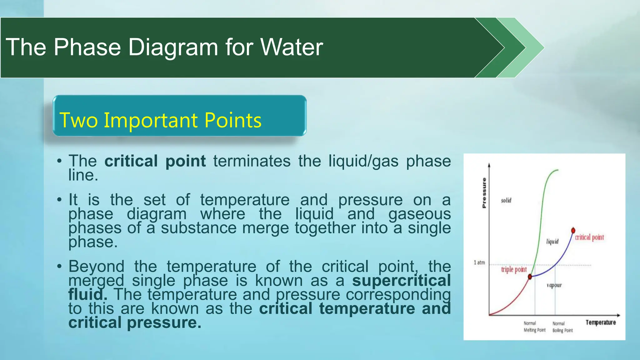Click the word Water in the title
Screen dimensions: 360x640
coord(291,47)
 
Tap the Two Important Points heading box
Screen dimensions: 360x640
coord(179,116)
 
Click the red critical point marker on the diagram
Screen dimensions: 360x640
coord(573,231)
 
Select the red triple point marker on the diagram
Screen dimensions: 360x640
coord(530,277)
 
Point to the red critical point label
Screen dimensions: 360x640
coord(589,237)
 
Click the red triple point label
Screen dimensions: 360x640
coord(514,269)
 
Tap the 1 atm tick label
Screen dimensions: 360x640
coord(479,262)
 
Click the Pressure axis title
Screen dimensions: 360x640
coord(484,193)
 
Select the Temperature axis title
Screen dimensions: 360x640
coord(600,322)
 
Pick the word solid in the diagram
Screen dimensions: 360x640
coord(506,200)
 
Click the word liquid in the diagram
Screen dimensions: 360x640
coord(552,242)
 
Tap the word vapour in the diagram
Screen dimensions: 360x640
coord(554,285)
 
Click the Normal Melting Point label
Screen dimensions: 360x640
coord(534,327)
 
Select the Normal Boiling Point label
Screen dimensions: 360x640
coord(562,327)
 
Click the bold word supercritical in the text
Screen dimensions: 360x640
coord(401,280)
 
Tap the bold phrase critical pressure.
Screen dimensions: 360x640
coord(135,322)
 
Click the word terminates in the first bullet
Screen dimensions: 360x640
coord(252,161)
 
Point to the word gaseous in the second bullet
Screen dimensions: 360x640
coord(419,214)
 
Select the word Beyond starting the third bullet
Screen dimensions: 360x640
coord(96,267)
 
